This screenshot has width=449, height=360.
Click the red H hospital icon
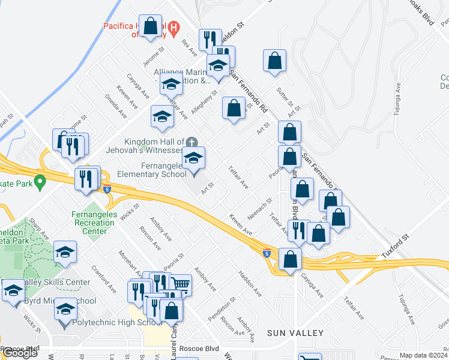point(173,27)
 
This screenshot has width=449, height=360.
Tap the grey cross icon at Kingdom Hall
point(191,142)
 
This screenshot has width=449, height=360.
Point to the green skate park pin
point(40,180)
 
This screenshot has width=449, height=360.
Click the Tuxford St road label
point(394,247)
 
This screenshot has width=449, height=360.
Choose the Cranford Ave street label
point(104,279)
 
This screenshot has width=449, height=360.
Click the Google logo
point(20,353)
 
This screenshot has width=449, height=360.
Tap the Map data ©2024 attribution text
point(423,355)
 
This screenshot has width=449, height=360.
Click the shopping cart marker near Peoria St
point(180,284)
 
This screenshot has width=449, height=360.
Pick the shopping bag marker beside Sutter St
point(274,61)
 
